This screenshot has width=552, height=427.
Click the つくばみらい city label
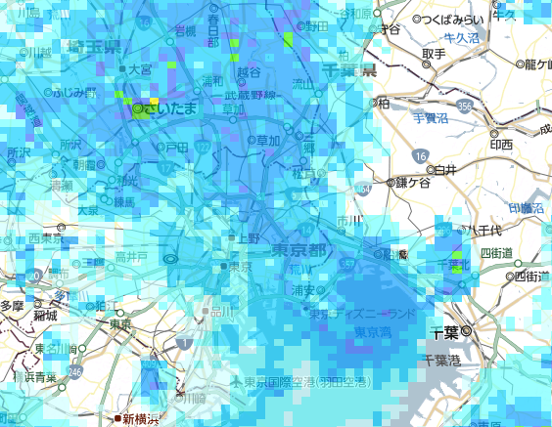[452, 20]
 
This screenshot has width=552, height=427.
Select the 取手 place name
[434, 56]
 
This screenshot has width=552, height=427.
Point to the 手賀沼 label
[428, 119]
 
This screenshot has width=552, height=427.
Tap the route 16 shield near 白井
[420, 156]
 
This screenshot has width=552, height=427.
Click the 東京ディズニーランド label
[361, 315]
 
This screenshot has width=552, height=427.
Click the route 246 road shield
[75, 371]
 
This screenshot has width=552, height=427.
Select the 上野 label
[250, 237]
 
